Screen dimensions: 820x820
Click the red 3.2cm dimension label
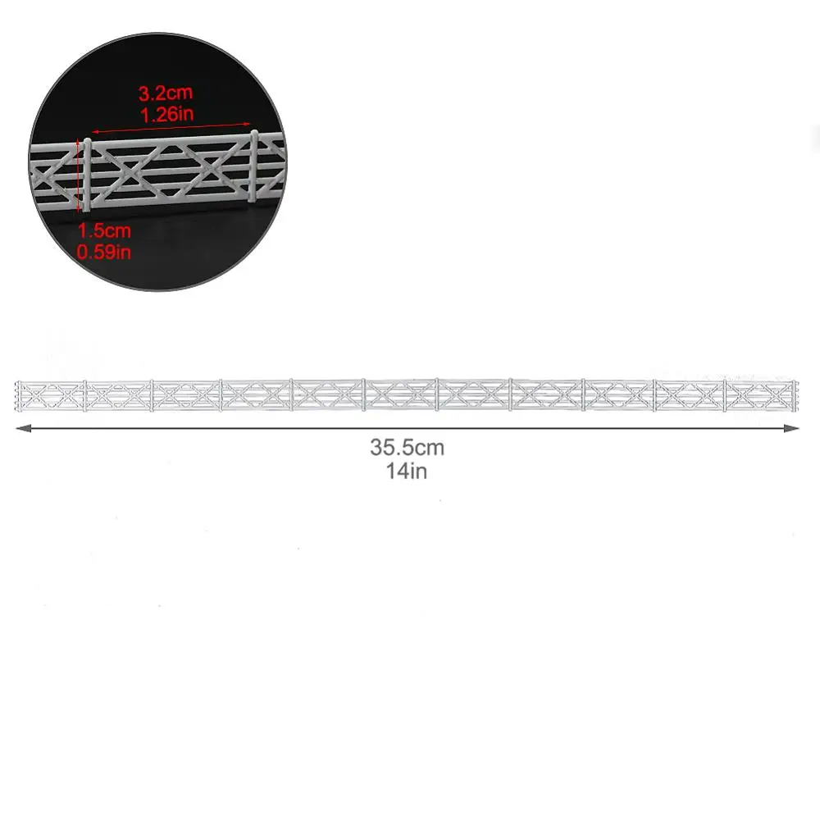pyautogui.click(x=166, y=93)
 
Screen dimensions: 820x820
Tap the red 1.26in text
pyautogui.click(x=166, y=114)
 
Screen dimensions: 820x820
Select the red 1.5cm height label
pyautogui.click(x=104, y=230)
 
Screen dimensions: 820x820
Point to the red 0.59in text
pyautogui.click(x=103, y=252)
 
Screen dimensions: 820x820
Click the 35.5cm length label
pyautogui.click(x=407, y=448)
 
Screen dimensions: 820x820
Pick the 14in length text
pyautogui.click(x=407, y=471)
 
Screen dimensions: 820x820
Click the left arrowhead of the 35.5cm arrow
pyautogui.click(x=22, y=428)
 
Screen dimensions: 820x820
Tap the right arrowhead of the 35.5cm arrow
pyautogui.click(x=792, y=428)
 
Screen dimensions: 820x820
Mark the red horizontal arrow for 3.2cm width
pyautogui.click(x=171, y=128)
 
